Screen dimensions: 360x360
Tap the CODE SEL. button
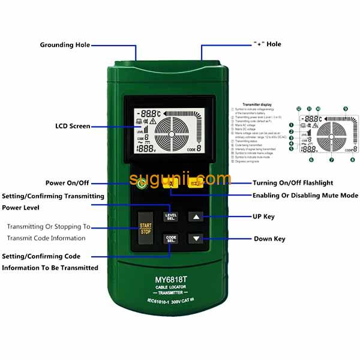(x=171, y=239)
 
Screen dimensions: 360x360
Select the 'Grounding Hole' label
(x=65, y=45)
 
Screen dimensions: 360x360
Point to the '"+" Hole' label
(x=267, y=44)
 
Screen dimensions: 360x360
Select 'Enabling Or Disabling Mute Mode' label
(x=305, y=196)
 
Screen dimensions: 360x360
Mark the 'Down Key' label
(x=269, y=239)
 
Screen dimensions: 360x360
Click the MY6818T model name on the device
(x=170, y=279)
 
